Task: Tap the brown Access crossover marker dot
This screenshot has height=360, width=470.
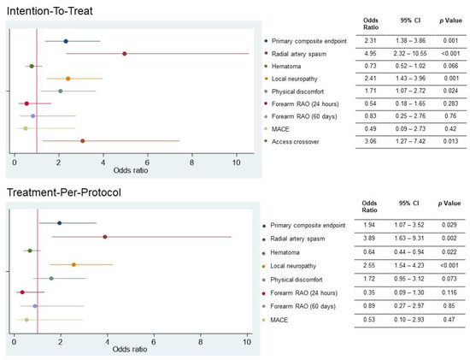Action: point(82,140)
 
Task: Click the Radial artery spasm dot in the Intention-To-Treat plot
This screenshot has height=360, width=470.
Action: point(125,53)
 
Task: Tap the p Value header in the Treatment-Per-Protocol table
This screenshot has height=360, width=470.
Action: point(449,206)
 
